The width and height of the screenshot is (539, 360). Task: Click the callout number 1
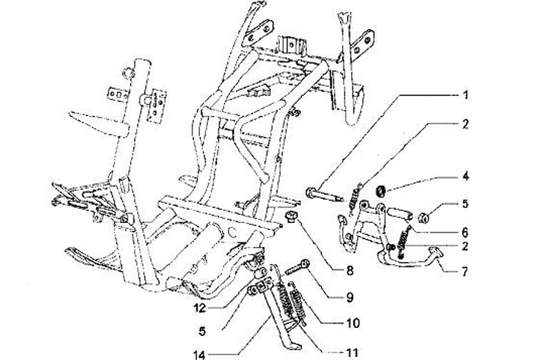point(465,95)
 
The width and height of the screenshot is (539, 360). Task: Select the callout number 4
point(465,178)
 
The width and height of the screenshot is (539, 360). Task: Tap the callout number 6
point(465,231)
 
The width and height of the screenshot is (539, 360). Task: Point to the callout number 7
point(465,271)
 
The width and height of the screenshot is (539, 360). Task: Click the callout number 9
point(349,298)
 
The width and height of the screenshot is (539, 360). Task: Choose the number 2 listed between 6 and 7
point(465,245)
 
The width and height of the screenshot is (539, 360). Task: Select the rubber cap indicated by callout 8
point(292,218)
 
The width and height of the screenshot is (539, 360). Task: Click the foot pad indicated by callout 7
point(435,261)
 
